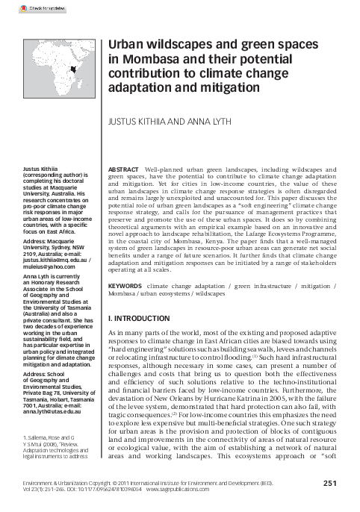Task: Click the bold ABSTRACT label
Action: (125, 170)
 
